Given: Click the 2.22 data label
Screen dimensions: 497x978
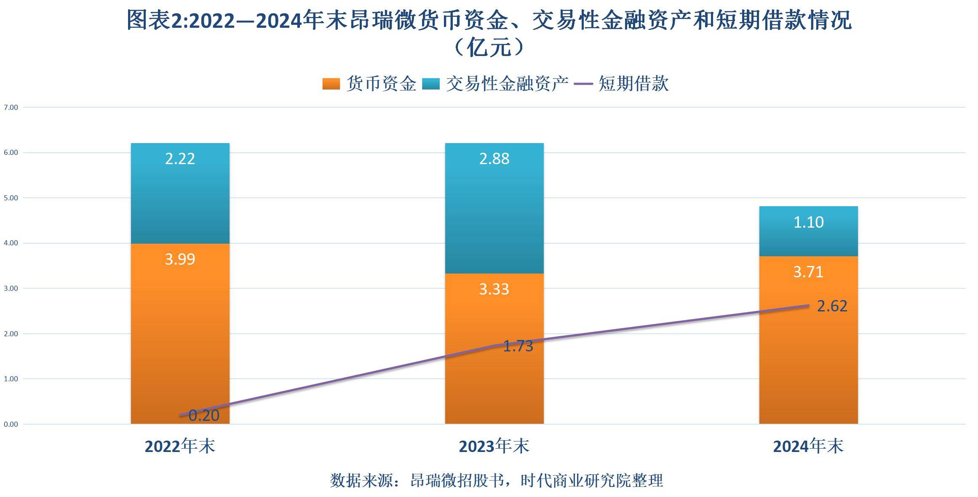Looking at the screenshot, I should (x=180, y=159).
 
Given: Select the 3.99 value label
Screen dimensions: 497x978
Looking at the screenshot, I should (x=180, y=259).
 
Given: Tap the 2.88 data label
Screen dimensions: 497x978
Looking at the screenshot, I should (x=494, y=159).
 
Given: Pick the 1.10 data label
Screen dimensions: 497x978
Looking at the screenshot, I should (x=808, y=222).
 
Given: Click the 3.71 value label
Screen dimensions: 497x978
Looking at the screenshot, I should (x=808, y=272).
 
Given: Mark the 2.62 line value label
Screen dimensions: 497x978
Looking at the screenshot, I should (x=832, y=306).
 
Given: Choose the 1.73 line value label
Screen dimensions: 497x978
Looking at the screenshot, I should (x=518, y=346).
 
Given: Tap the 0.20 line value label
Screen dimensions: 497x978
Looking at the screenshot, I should (x=204, y=416).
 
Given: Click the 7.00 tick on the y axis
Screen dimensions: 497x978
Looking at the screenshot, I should (x=11, y=108).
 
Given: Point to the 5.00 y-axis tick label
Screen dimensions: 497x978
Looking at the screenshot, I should (x=11, y=198).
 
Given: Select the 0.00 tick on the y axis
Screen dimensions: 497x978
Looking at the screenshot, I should (x=11, y=424).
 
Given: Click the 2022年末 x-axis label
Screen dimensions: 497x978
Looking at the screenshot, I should (x=180, y=447).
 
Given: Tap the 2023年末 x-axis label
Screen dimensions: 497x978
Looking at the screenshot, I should (x=494, y=447).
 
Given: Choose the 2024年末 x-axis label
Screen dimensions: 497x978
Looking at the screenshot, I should (x=808, y=447).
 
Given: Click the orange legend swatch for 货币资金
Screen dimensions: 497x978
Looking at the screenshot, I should (x=331, y=84).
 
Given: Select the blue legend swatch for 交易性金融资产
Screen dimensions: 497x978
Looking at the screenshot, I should (x=431, y=84).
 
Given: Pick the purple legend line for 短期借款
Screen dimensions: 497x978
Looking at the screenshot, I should (x=584, y=84).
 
